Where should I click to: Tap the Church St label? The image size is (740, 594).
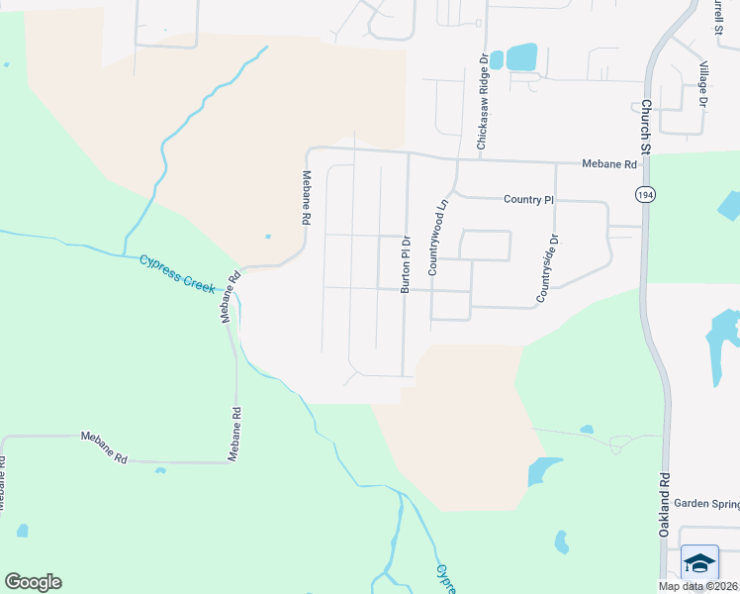point(645,126)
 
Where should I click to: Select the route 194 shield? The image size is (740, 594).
point(644,194)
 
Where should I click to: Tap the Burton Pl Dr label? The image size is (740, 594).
point(405,264)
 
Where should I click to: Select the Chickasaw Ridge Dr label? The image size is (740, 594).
point(483,102)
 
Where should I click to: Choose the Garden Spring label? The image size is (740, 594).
point(706,503)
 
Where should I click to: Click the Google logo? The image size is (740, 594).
point(33,581)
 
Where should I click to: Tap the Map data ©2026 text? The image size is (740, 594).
point(697,586)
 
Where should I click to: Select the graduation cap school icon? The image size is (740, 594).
point(700,563)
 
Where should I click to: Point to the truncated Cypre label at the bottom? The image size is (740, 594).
point(443,578)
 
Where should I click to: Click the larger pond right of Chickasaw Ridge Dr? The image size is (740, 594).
point(521,56)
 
